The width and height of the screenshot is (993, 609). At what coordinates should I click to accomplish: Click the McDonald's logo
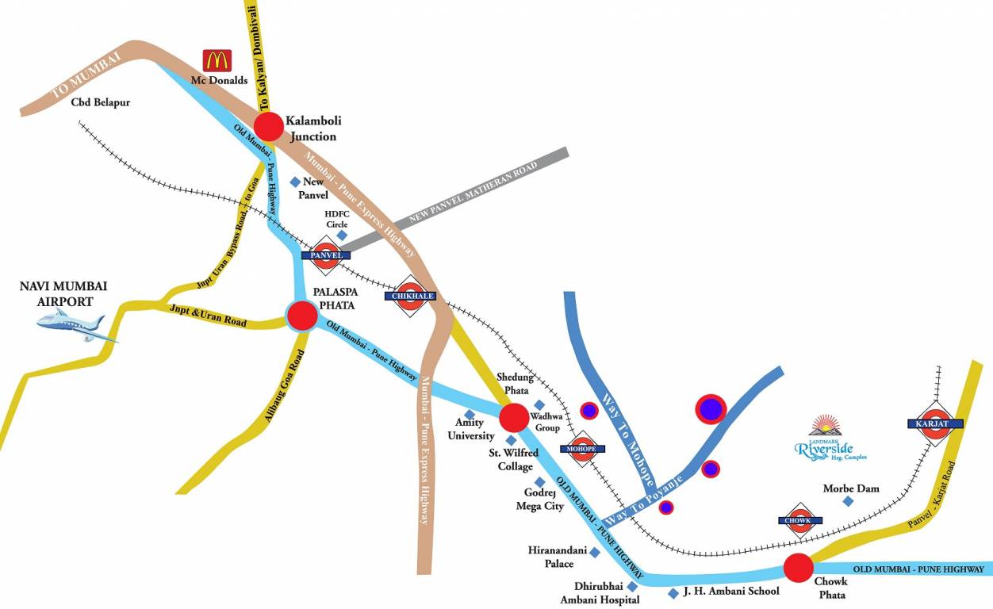(x=217, y=61)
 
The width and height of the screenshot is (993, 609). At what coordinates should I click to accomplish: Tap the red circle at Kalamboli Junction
(x=269, y=126)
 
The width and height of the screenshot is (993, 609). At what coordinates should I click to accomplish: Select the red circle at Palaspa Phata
(x=302, y=315)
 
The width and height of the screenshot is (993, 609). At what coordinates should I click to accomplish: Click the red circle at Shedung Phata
(x=514, y=417)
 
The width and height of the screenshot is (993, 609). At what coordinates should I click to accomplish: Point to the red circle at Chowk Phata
(x=799, y=568)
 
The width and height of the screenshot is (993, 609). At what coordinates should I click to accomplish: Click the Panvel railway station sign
(x=326, y=255)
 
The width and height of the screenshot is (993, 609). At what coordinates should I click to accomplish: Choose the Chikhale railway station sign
(x=410, y=297)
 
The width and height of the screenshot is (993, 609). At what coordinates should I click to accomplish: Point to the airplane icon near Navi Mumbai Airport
(x=75, y=325)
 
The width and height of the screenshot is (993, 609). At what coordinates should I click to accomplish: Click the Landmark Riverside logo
(x=830, y=440)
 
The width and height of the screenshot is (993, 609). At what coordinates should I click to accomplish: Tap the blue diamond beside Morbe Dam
(x=848, y=501)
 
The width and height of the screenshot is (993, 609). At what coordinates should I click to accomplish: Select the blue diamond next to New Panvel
(x=295, y=182)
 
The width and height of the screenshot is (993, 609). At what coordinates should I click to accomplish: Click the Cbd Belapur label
(x=101, y=102)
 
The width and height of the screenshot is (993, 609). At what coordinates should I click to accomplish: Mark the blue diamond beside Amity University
(x=470, y=415)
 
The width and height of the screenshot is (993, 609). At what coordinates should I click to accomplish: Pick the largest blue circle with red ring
(x=711, y=409)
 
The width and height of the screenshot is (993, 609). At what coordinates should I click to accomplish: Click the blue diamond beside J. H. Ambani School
(x=673, y=593)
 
